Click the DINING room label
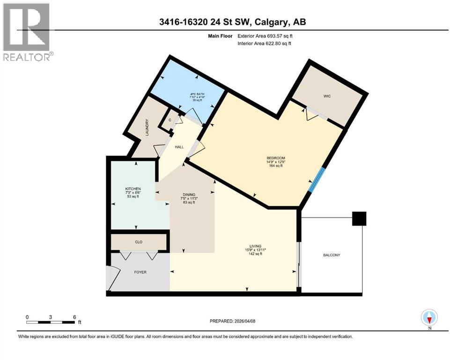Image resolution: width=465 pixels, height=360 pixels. coord(189,195)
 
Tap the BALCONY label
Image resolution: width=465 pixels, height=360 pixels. coord(331,255)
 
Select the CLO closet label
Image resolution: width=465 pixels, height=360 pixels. coord(139,242)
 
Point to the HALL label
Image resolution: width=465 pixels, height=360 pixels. coord(179,147)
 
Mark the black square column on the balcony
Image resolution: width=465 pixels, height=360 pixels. coord(359,219)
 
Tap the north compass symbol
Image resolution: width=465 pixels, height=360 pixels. coord(429,317)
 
